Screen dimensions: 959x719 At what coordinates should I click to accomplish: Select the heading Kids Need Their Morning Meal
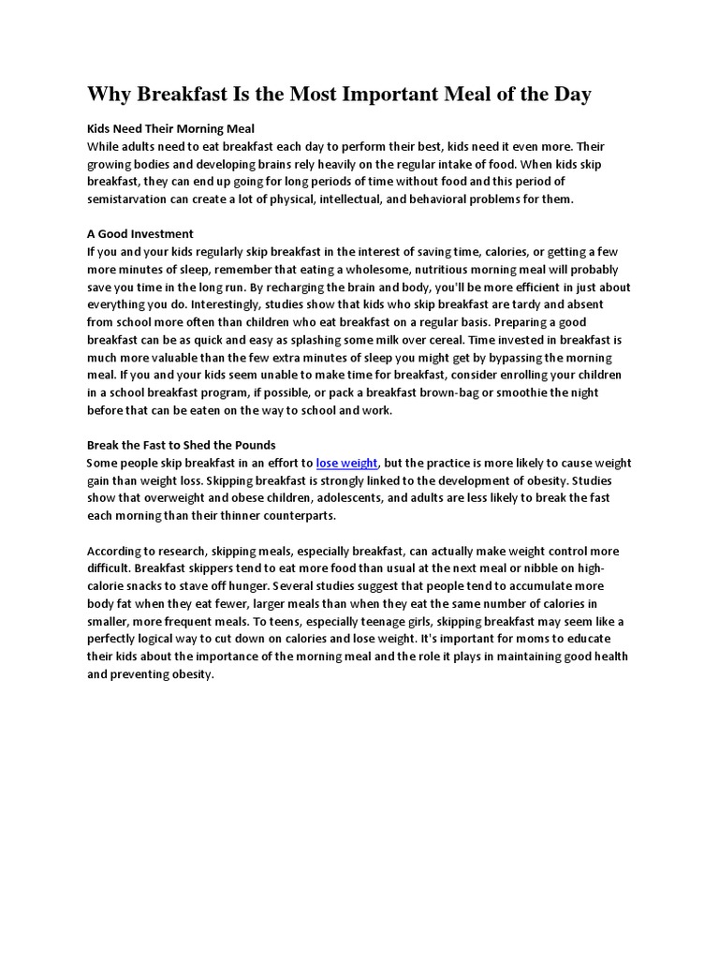[171, 128]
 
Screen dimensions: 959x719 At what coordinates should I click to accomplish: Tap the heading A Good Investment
[140, 234]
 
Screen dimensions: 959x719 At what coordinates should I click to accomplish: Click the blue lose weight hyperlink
[347, 463]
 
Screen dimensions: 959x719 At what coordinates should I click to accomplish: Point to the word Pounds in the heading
[253, 445]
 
